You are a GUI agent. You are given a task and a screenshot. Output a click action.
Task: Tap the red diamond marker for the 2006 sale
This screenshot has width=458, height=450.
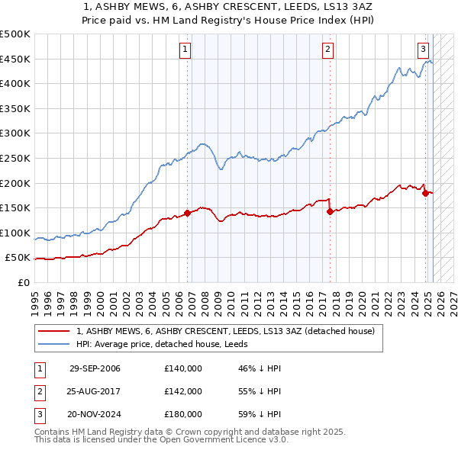(187, 214)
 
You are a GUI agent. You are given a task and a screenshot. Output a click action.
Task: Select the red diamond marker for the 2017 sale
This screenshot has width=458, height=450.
(330, 212)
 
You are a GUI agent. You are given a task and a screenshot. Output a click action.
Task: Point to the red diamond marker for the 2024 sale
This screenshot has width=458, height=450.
(425, 193)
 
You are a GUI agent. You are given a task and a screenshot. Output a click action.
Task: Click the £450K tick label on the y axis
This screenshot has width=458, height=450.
(15, 59)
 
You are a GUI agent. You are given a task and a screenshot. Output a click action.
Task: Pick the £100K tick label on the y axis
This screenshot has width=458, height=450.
(15, 233)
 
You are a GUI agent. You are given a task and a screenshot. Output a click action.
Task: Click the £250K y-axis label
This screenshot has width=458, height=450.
(15, 159)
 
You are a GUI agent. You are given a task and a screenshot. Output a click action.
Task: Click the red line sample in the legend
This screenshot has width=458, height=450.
(54, 332)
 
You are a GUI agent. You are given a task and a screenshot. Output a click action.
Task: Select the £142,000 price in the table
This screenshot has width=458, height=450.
(183, 391)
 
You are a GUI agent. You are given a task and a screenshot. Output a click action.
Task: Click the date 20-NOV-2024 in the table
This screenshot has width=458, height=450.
(95, 414)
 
